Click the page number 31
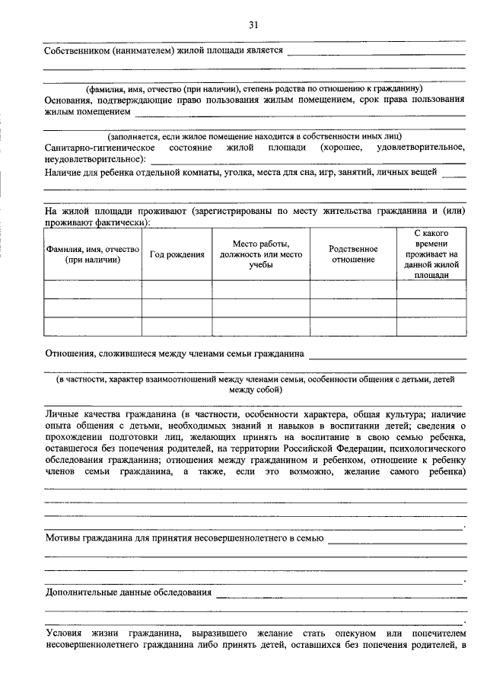click(253, 24)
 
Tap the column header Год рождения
click(177, 254)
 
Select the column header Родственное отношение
click(353, 254)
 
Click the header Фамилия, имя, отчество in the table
click(92, 254)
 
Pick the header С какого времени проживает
click(431, 254)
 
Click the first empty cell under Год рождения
click(177, 290)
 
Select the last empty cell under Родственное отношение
click(353, 327)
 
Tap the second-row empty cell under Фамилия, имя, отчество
click(92, 308)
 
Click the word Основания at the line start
click(71, 100)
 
